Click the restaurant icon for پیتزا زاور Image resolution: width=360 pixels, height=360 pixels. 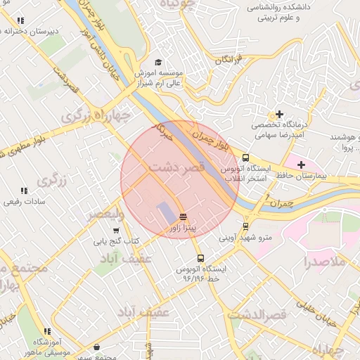click(183, 216)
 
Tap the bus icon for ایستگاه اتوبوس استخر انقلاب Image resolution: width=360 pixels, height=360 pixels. click(245, 158)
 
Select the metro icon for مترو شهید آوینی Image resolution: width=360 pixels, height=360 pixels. click(245, 226)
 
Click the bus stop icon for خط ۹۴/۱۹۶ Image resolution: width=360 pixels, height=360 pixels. click(201, 258)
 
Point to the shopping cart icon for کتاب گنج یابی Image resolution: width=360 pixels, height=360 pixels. click(116, 230)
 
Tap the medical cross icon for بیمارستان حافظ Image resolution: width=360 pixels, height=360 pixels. click(301, 164)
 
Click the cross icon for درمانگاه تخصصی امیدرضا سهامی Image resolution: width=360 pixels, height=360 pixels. click(280, 114)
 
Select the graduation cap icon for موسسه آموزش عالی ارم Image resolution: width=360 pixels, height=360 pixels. click(158, 62)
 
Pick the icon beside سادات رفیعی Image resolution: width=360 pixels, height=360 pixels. click(24, 191)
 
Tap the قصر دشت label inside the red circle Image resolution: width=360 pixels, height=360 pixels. click(176, 168)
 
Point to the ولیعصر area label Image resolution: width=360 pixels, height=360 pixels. click(105, 213)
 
